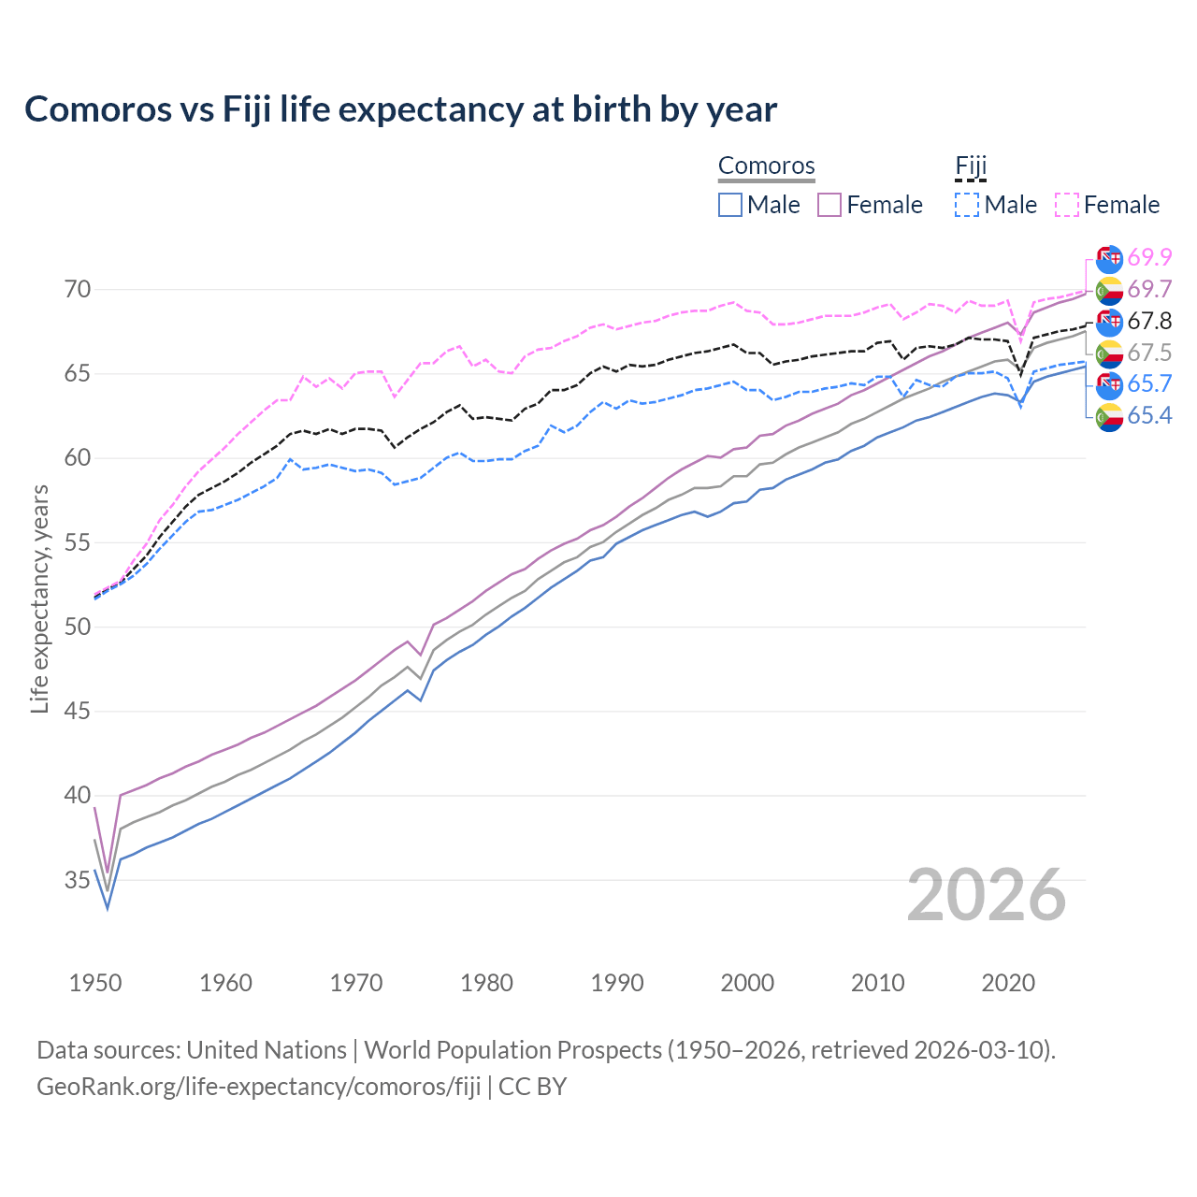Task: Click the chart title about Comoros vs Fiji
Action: [400, 109]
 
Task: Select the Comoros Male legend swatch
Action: [730, 205]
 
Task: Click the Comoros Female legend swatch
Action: [829, 205]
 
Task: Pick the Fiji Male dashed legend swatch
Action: [967, 205]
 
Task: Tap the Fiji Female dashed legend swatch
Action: [1067, 205]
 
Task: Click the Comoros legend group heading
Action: [766, 166]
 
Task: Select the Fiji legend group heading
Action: [971, 166]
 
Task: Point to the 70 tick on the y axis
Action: [78, 290]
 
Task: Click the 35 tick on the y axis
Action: [78, 880]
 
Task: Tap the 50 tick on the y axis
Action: [78, 627]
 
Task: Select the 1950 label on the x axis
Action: [95, 983]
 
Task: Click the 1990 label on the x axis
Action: [617, 983]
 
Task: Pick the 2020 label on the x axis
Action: [1008, 983]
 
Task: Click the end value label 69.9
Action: [1149, 257]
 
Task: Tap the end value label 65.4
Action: [1149, 416]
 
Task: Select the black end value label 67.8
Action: [1149, 321]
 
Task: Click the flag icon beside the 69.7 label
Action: [1109, 290]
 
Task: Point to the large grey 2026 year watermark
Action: [986, 895]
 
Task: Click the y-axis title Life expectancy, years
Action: [40, 598]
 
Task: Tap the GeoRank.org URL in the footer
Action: [258, 1087]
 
